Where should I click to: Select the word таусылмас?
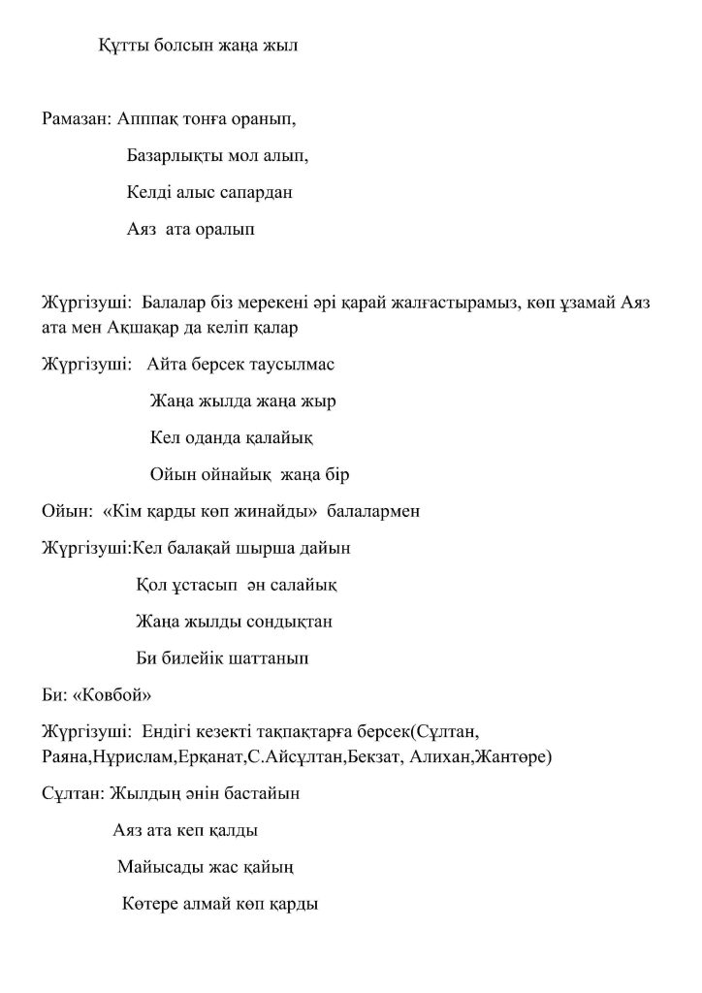click(295, 365)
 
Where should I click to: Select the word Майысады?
click(161, 867)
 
